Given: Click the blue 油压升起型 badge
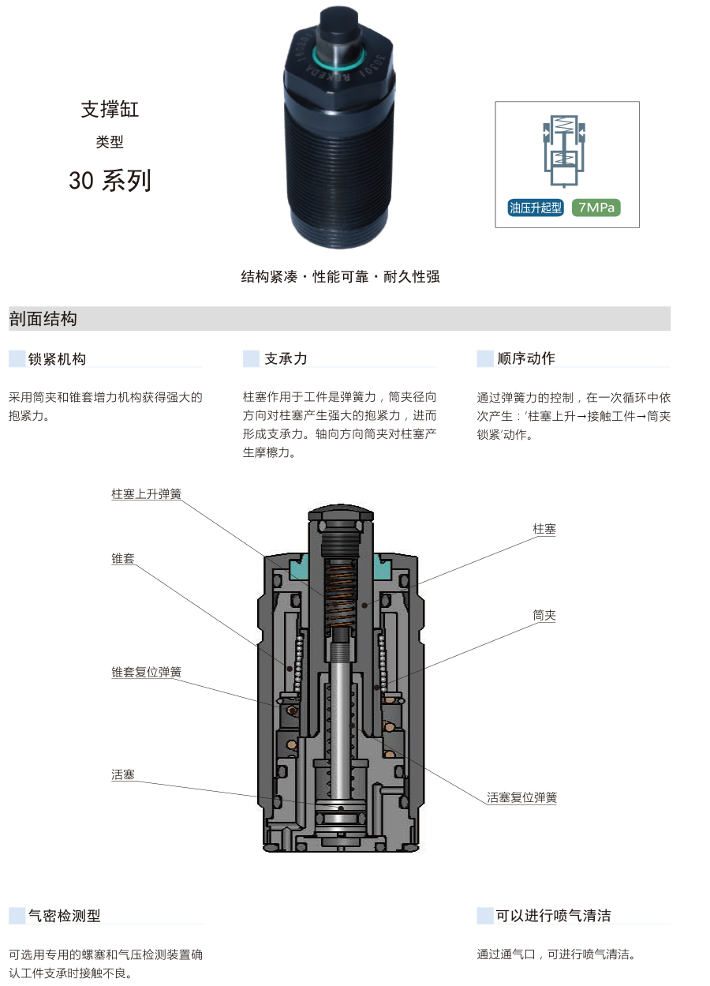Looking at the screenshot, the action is click(x=536, y=208).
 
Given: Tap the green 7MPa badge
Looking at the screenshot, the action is click(x=596, y=208).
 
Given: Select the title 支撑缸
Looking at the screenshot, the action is click(x=110, y=109).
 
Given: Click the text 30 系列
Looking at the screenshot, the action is click(x=110, y=181).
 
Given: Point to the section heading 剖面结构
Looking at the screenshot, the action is click(x=43, y=319).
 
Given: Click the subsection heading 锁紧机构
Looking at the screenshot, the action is click(x=57, y=358).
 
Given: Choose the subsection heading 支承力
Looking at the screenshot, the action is click(x=286, y=358).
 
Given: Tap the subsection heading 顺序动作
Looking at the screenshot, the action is click(x=526, y=358).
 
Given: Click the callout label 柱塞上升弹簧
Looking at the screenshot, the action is click(x=147, y=494).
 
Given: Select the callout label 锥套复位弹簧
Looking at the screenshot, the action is click(x=147, y=672).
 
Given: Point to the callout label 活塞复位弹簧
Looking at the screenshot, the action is click(x=521, y=797).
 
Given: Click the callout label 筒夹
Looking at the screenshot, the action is click(x=544, y=615).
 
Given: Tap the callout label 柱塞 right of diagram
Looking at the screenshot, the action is click(x=544, y=529).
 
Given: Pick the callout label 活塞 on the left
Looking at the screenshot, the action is click(x=123, y=774).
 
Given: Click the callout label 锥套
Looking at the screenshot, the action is click(x=123, y=558).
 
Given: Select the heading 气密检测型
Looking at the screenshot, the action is click(x=65, y=916).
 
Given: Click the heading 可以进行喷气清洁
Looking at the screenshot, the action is click(x=553, y=916).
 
